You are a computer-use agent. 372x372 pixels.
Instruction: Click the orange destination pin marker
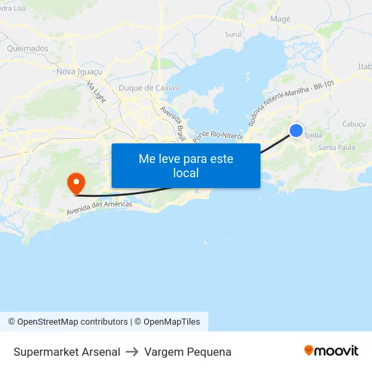[x=74, y=181]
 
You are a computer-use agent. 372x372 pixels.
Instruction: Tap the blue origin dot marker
[x=296, y=131]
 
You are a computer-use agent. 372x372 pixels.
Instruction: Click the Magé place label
[x=280, y=19]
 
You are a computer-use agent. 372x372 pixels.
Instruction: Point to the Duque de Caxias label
[x=149, y=88]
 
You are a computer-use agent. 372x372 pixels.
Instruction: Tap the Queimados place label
[x=27, y=49]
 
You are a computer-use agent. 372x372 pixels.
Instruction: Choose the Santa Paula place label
[x=336, y=147]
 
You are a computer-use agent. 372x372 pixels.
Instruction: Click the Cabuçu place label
[x=354, y=124]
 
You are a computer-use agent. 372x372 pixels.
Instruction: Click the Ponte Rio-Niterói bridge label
[x=217, y=136]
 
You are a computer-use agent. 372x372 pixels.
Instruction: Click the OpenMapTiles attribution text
[x=172, y=322]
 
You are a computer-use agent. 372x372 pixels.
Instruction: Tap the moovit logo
[x=331, y=351]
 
